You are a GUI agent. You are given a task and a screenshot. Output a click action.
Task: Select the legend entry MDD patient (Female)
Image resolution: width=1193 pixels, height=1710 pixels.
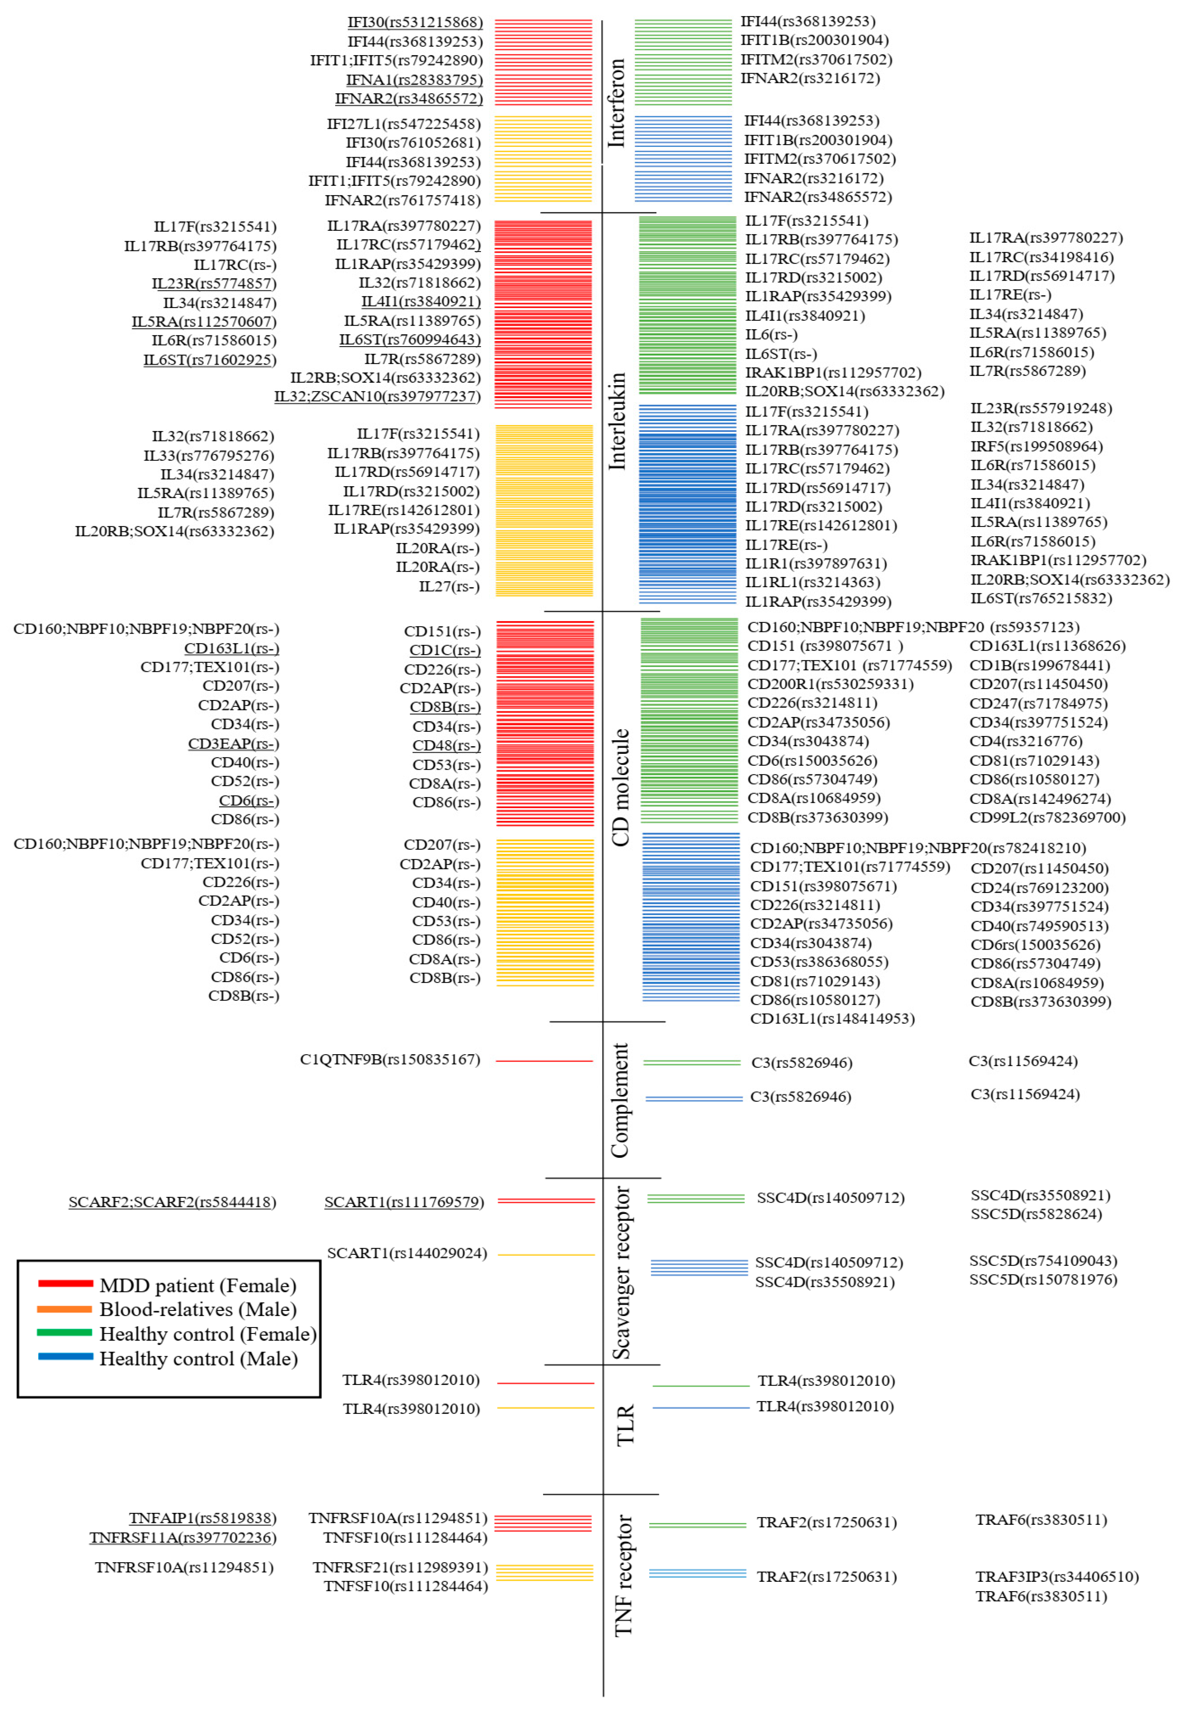[x=197, y=1286]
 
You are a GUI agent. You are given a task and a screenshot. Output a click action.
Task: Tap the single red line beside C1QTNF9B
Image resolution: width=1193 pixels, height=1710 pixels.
[x=543, y=1061]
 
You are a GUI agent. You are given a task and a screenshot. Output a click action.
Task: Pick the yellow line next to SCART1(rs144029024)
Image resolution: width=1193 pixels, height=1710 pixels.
[x=546, y=1255]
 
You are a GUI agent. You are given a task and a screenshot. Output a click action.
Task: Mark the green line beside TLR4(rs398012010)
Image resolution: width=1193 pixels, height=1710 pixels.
[x=700, y=1386]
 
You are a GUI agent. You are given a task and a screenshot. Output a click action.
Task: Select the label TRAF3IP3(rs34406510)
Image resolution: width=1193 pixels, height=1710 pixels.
[x=1057, y=1577]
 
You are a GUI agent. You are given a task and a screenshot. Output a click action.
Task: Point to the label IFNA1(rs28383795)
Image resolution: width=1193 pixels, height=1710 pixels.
[x=414, y=80]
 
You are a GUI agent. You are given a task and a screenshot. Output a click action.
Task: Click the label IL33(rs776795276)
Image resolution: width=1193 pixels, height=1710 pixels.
[x=209, y=455]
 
